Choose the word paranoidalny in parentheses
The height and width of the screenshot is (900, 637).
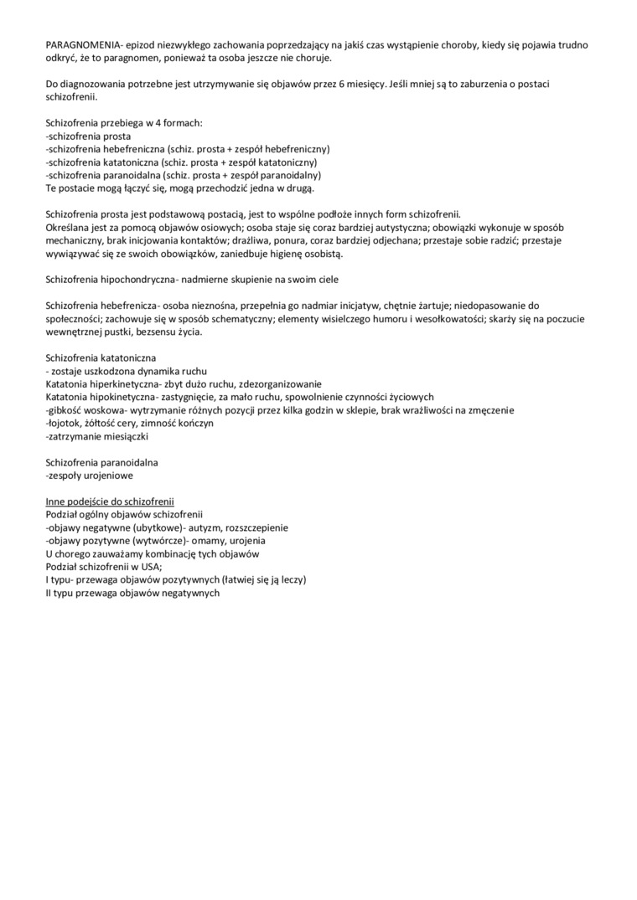pos(289,175)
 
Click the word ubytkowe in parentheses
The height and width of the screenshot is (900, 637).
pos(173,527)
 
